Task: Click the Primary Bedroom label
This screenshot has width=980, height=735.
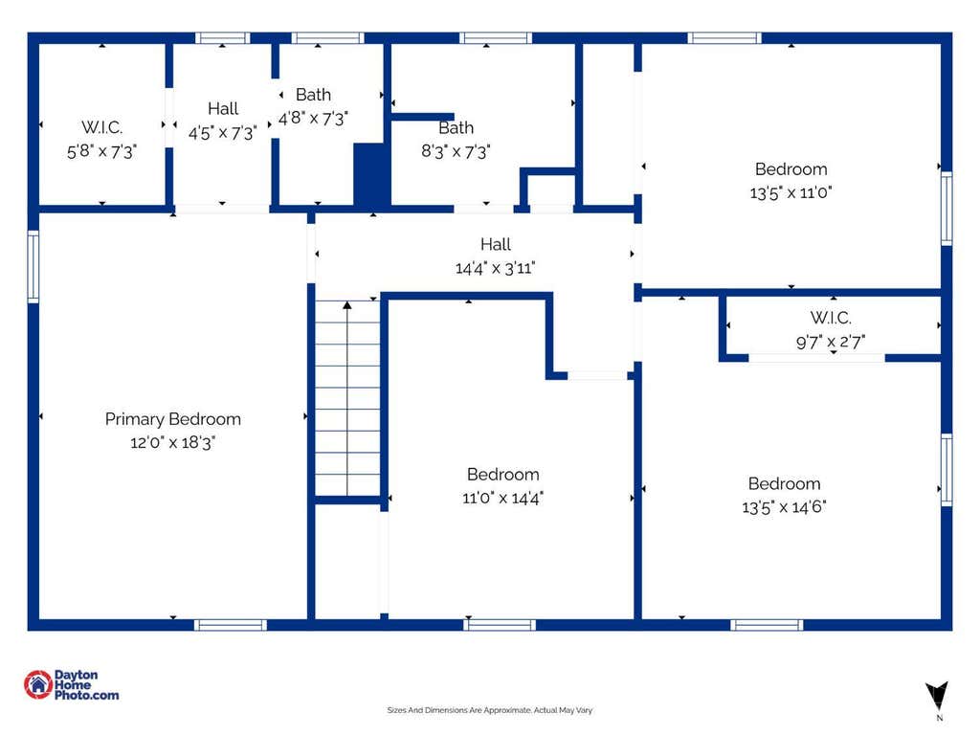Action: click(x=172, y=419)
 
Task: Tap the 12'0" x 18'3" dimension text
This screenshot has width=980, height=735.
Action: click(x=172, y=442)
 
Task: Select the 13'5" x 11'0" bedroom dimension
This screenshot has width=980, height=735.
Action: click(x=791, y=192)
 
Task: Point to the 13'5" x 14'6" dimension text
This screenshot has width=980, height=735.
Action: click(x=784, y=507)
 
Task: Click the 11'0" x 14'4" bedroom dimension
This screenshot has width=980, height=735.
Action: click(x=502, y=498)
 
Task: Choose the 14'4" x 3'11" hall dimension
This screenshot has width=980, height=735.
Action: click(x=495, y=268)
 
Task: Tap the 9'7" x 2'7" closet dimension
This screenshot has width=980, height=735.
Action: click(x=831, y=342)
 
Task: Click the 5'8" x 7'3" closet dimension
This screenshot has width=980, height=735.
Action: click(x=101, y=151)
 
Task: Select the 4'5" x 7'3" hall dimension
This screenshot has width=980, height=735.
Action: click(x=222, y=132)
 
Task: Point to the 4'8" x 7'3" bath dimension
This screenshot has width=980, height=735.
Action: click(x=313, y=118)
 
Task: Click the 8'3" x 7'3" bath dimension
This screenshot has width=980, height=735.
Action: click(x=456, y=151)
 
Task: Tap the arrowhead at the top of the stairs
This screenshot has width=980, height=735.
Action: click(x=347, y=305)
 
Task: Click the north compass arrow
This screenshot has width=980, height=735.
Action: click(x=937, y=696)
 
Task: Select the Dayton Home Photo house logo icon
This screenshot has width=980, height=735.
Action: click(x=38, y=685)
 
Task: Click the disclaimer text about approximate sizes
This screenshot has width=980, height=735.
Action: click(x=489, y=710)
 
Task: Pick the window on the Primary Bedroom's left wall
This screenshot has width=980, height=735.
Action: click(x=33, y=267)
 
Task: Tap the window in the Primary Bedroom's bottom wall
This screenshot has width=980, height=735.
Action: click(x=231, y=625)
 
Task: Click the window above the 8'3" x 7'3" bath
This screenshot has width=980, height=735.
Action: click(x=496, y=38)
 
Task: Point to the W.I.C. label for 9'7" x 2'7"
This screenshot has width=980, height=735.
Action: click(x=831, y=318)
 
